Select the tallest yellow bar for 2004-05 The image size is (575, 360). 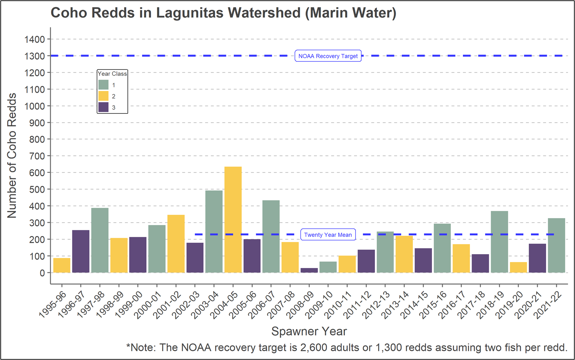click(x=233, y=219)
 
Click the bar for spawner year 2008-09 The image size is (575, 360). click(x=309, y=270)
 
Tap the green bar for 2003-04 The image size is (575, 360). click(x=214, y=231)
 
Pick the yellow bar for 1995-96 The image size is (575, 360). click(x=62, y=265)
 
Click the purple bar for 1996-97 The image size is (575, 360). click(x=81, y=251)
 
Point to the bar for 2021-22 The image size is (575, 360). click(x=556, y=245)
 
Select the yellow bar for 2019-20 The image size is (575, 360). click(x=518, y=267)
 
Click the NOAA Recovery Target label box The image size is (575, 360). click(x=328, y=56)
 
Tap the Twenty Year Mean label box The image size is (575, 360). click(x=328, y=235)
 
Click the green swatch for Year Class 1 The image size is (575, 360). click(x=103, y=85)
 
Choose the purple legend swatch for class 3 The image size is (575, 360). click(x=103, y=107)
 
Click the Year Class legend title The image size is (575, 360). click(x=112, y=74)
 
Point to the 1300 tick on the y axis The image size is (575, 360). click(x=35, y=56)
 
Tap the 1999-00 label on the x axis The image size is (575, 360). click(x=129, y=305)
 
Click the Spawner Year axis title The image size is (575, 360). click(x=309, y=331)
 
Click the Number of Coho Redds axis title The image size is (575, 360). click(x=12, y=155)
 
